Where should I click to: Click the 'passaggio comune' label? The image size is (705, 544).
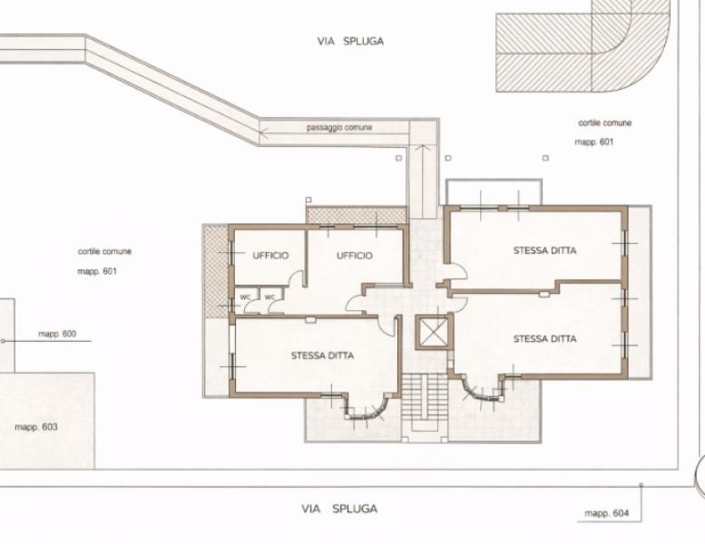(x=339, y=128)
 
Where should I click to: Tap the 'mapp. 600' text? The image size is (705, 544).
(x=57, y=334)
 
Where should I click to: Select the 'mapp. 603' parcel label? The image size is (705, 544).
(x=36, y=427)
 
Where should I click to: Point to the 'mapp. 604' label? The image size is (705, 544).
(x=606, y=513)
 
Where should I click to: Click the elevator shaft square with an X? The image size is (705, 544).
(x=433, y=332)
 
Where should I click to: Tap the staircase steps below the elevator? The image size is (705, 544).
(x=425, y=396)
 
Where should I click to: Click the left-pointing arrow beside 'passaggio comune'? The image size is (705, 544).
(x=264, y=132)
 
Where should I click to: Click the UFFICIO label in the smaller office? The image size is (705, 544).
(x=270, y=256)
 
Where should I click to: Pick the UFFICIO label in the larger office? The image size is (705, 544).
(x=355, y=256)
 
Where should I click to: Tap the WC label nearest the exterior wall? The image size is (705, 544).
(x=245, y=297)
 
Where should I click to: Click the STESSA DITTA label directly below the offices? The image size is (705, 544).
(x=322, y=355)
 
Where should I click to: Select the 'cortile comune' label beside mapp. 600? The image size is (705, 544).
(x=104, y=251)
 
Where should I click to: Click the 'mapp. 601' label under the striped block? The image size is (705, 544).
(x=594, y=142)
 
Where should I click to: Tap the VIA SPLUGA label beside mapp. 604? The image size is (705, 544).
(x=339, y=509)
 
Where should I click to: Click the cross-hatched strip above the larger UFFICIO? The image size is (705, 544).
(x=356, y=215)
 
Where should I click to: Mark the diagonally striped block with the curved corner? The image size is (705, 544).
(x=583, y=46)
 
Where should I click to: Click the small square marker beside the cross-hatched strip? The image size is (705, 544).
(x=308, y=199)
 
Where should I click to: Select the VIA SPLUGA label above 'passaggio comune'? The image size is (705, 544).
(x=351, y=42)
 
